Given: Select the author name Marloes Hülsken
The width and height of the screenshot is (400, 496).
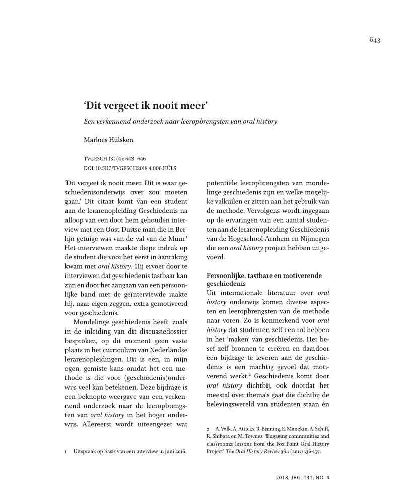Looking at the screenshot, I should click(107, 141).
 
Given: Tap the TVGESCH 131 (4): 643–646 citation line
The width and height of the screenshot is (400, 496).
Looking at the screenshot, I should click(114, 158).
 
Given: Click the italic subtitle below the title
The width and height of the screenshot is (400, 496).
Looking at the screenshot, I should click(180, 122).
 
